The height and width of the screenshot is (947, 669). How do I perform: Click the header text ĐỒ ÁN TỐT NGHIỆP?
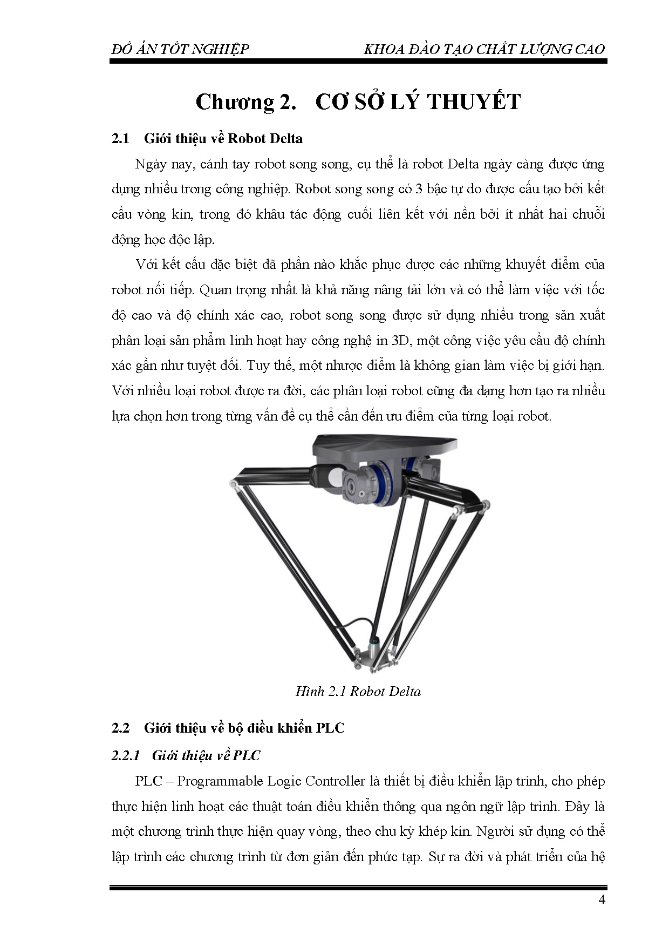coord(180,49)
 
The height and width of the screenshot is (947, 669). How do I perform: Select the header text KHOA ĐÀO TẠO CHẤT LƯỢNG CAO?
coord(484,49)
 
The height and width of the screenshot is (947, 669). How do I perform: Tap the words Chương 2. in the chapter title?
coord(246,102)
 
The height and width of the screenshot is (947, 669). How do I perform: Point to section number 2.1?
coord(120,139)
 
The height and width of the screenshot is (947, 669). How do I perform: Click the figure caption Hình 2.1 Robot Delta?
coord(358,691)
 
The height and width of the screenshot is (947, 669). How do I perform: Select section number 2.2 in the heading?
coord(120,728)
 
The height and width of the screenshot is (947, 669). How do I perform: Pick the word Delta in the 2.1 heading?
coord(285,139)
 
